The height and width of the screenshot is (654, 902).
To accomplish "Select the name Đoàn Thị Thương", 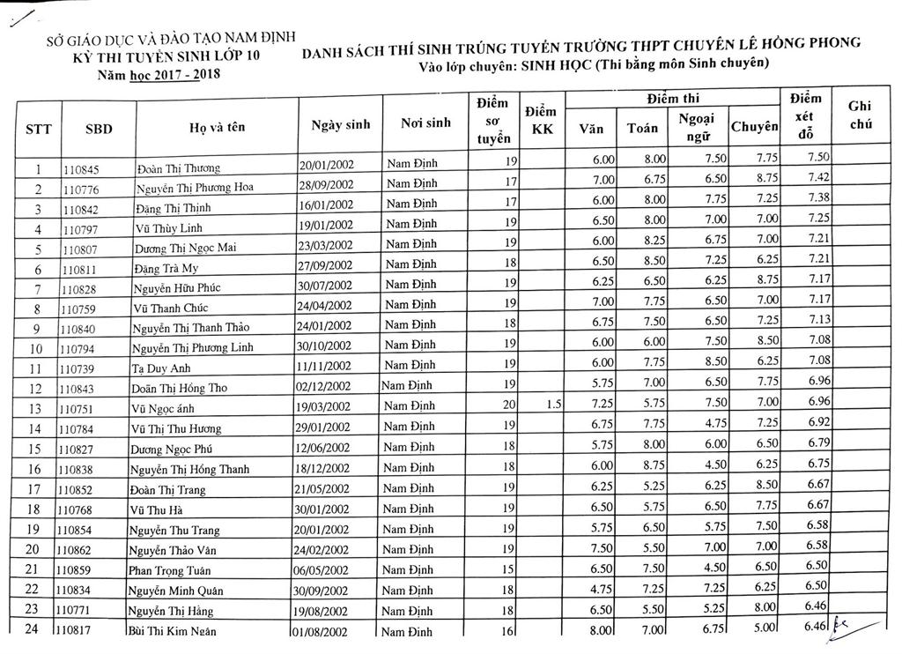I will coord(178,167).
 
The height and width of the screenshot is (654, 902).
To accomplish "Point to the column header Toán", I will coord(642,128).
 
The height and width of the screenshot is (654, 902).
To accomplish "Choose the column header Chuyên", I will coord(755,127).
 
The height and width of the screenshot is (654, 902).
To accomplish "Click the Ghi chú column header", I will coord(860,115).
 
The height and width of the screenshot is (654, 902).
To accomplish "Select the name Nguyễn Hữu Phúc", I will coord(177,288).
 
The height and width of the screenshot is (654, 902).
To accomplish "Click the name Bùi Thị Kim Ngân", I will coord(172,631).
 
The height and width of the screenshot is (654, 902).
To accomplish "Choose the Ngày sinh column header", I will coord(341,124).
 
